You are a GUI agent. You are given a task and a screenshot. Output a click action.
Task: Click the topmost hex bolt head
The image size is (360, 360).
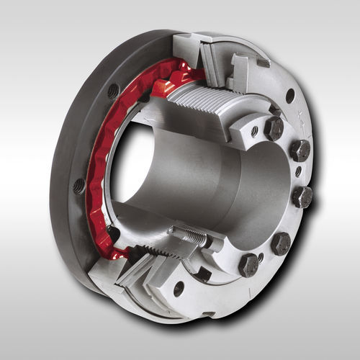point(273,128)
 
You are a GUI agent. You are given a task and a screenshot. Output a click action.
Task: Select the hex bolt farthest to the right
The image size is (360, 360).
point(302,197)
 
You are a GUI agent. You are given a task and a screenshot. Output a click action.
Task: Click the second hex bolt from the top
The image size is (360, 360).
point(299,150)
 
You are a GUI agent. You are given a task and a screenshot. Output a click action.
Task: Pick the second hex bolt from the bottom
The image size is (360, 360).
point(281,243)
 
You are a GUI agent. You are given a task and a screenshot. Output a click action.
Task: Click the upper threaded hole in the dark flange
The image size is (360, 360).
point(113,91)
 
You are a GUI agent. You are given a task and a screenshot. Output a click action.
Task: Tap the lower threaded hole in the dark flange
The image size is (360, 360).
point(78,186)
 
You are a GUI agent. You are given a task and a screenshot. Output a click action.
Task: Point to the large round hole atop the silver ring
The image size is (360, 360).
point(290,95)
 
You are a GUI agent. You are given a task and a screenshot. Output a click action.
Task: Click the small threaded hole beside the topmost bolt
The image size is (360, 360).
point(254,131)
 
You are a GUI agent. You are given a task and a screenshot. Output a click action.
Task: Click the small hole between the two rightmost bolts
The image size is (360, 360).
point(298,172)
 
